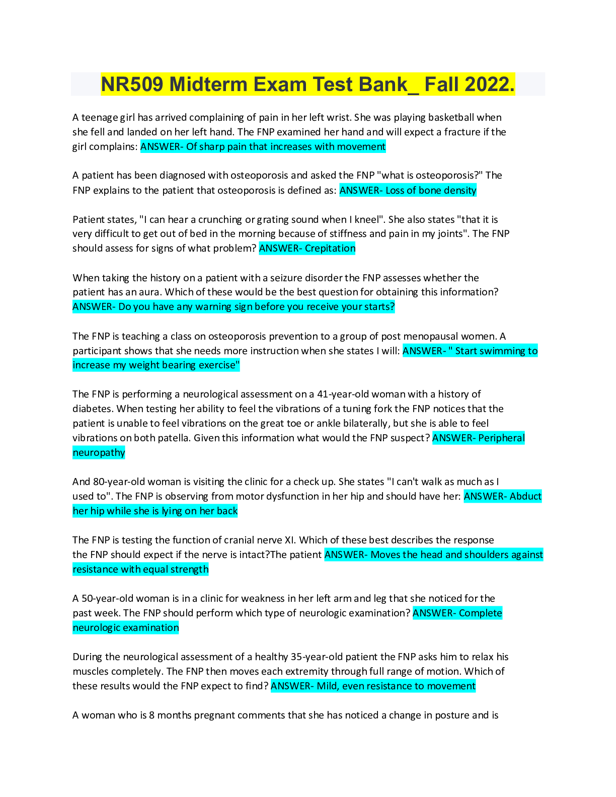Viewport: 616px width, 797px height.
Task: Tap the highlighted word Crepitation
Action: click(330, 249)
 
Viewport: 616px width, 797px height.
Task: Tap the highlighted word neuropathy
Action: click(99, 453)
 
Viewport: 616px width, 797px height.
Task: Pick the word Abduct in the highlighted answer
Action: click(525, 497)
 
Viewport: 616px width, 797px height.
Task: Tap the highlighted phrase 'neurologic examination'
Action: click(126, 628)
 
